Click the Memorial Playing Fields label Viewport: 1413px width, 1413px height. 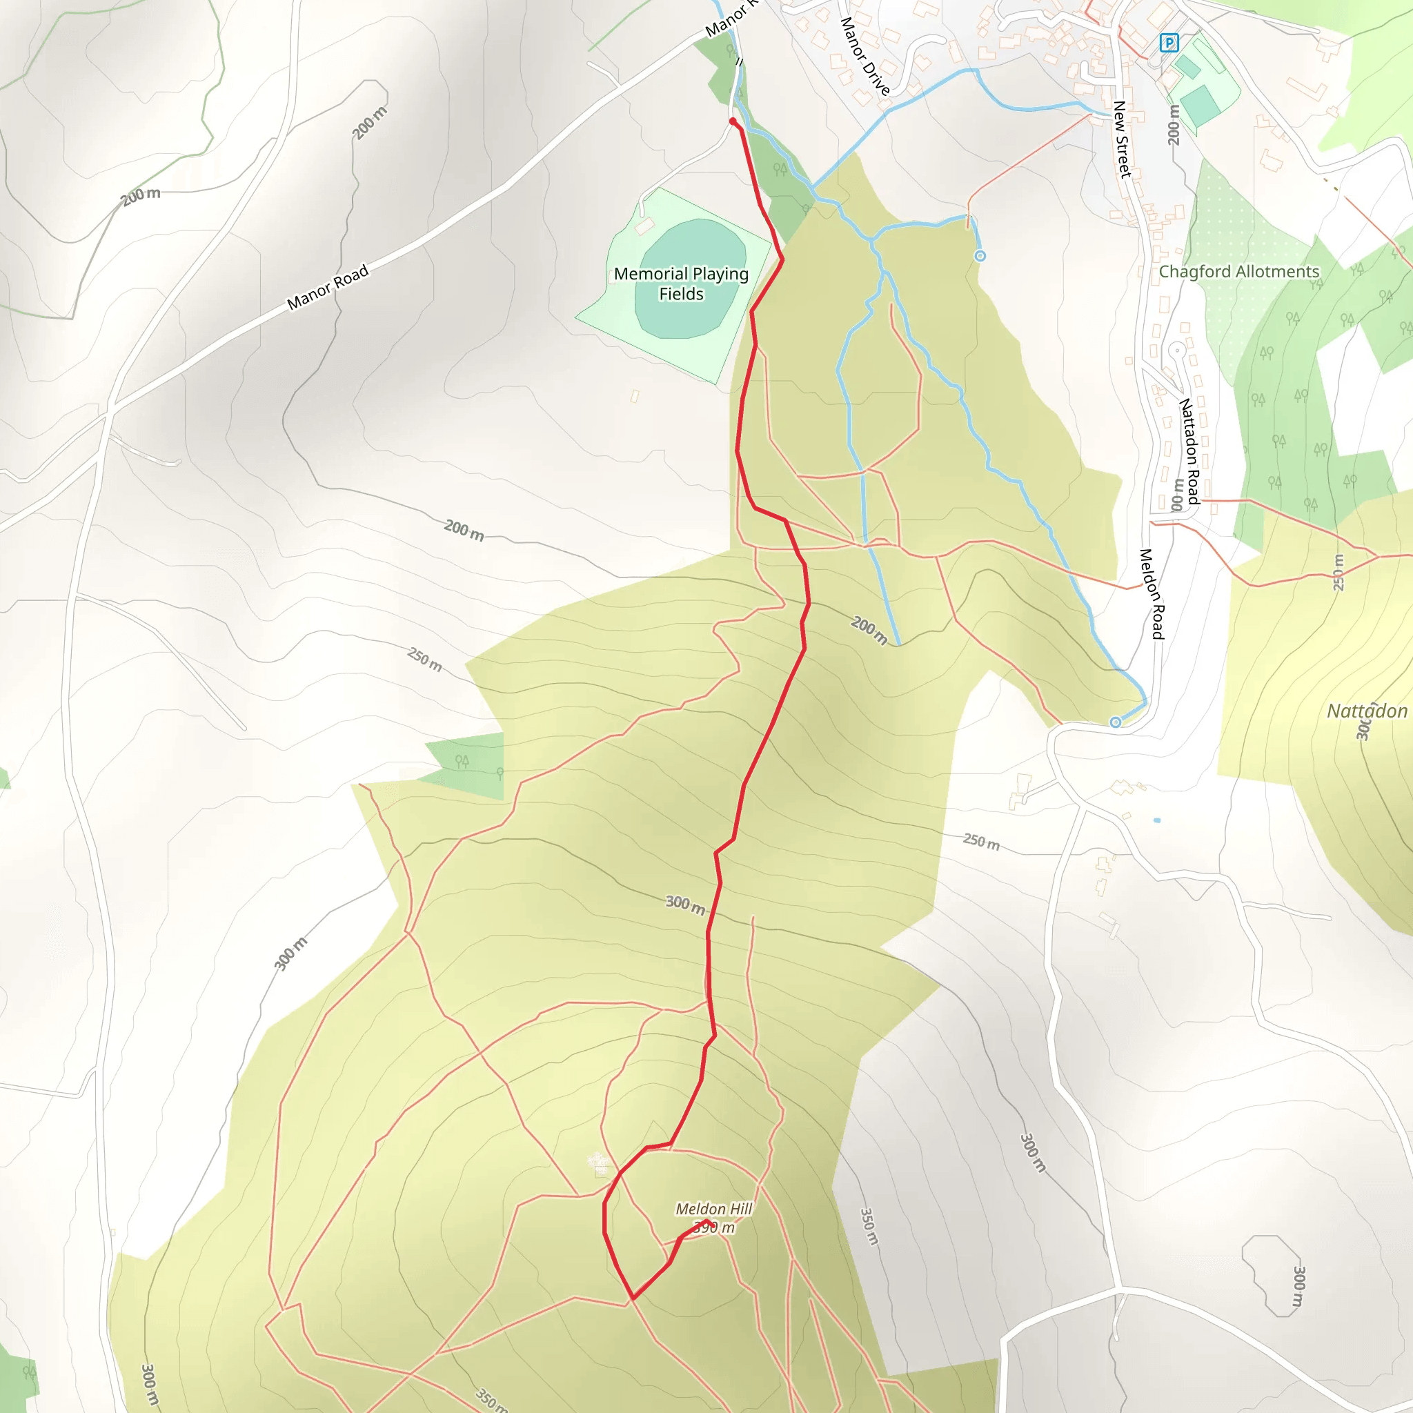pyautogui.click(x=681, y=284)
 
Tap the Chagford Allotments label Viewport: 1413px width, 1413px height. pyautogui.click(x=1239, y=272)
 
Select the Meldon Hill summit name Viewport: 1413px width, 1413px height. pyautogui.click(x=713, y=1209)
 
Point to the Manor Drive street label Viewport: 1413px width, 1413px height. pyautogui.click(x=864, y=57)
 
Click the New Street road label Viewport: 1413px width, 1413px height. pyautogui.click(x=1122, y=139)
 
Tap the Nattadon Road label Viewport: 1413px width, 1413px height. pyautogui.click(x=1189, y=451)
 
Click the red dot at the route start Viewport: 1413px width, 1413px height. pyautogui.click(x=733, y=121)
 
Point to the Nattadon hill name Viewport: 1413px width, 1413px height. pyautogui.click(x=1366, y=711)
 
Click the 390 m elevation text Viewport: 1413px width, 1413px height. pyautogui.click(x=714, y=1228)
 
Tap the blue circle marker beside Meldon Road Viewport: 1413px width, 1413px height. pyautogui.click(x=1116, y=722)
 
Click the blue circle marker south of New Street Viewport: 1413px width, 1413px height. pyautogui.click(x=980, y=256)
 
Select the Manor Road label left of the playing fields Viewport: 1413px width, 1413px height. pyautogui.click(x=328, y=288)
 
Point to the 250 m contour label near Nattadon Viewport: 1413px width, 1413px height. pyautogui.click(x=1338, y=572)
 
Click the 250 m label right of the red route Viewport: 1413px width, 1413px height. pyautogui.click(x=981, y=842)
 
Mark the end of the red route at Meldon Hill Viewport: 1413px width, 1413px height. pyautogui.click(x=707, y=1221)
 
